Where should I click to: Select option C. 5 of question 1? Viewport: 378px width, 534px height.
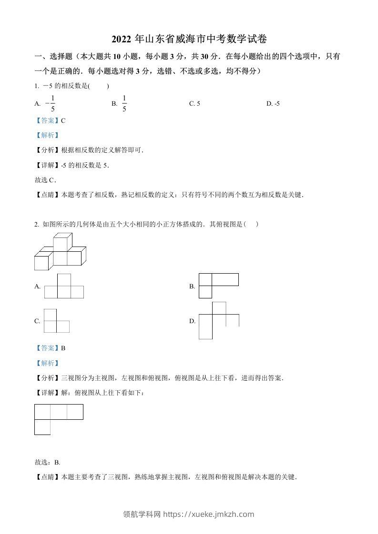click(194, 103)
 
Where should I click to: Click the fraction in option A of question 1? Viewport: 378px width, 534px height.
click(51, 103)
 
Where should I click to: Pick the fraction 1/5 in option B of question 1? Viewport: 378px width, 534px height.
click(124, 103)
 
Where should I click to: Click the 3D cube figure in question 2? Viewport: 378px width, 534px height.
click(60, 252)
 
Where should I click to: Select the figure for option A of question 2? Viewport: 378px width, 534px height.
click(64, 287)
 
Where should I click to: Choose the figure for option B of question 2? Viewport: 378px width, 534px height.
click(218, 286)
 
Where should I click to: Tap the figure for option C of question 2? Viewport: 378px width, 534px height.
click(56, 321)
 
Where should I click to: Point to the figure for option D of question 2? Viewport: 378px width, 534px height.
click(218, 320)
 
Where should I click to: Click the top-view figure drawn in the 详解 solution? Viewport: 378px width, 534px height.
click(58, 419)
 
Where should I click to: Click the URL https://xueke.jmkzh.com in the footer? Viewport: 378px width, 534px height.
click(209, 514)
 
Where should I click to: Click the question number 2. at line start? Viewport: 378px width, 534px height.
click(37, 224)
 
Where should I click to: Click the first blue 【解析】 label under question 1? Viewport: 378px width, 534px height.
click(47, 135)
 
